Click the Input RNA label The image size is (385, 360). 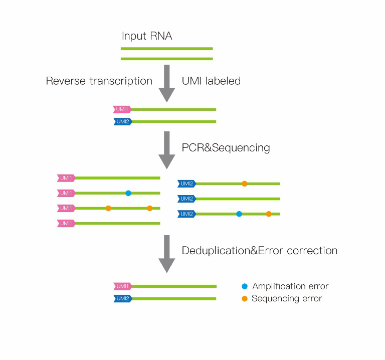pyautogui.click(x=147, y=36)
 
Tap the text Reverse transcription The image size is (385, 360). pyautogui.click(x=99, y=81)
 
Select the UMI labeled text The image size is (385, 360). pyautogui.click(x=211, y=81)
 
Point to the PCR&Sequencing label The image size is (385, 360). pyautogui.click(x=226, y=148)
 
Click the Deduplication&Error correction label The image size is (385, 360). pyautogui.click(x=260, y=251)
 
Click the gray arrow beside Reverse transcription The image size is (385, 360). pyautogui.click(x=167, y=84)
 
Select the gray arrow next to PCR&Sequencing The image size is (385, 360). pyautogui.click(x=167, y=150)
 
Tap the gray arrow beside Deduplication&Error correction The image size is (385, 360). pyautogui.click(x=167, y=254)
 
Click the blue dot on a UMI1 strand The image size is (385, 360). pyautogui.click(x=128, y=193)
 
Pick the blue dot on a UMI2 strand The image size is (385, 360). pyautogui.click(x=239, y=214)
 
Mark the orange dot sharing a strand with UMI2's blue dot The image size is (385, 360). pyautogui.click(x=269, y=214)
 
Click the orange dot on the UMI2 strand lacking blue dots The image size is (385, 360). pyautogui.click(x=244, y=184)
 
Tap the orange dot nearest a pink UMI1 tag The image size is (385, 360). pyautogui.click(x=108, y=208)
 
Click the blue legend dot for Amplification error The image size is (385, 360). pyautogui.click(x=245, y=286)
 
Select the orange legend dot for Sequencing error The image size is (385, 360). pyautogui.click(x=245, y=299)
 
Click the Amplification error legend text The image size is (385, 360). pyautogui.click(x=290, y=286)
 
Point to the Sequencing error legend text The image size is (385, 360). pyautogui.click(x=287, y=299)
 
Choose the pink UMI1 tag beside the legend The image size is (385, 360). pyautogui.click(x=122, y=286)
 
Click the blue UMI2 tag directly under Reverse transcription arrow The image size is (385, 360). pyautogui.click(x=123, y=121)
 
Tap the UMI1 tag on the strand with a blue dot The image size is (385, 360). pyautogui.click(x=66, y=193)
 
